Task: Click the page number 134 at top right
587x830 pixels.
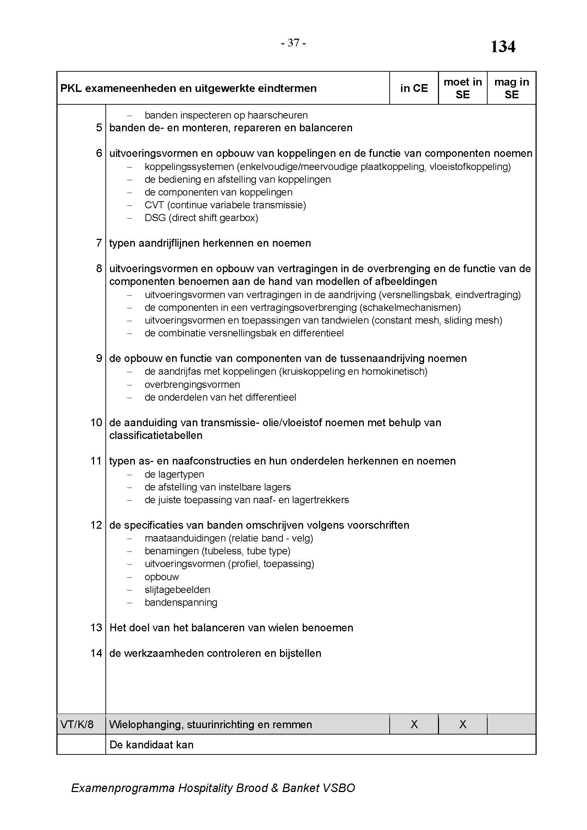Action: pyautogui.click(x=503, y=46)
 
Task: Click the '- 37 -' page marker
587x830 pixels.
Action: pyautogui.click(x=293, y=43)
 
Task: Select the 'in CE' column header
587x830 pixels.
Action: pyautogui.click(x=413, y=88)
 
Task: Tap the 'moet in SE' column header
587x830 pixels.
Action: pyautogui.click(x=462, y=88)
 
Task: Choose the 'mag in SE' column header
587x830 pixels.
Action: pyautogui.click(x=511, y=88)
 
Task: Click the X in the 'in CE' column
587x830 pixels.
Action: pyautogui.click(x=414, y=725)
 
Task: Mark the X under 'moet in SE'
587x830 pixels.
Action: pyautogui.click(x=462, y=725)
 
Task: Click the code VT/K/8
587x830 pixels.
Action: pyautogui.click(x=77, y=725)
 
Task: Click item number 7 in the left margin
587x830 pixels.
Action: pyautogui.click(x=99, y=243)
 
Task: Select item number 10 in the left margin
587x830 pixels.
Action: pyautogui.click(x=96, y=422)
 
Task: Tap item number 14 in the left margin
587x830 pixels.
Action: pyautogui.click(x=96, y=653)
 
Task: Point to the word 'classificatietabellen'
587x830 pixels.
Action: pyautogui.click(x=155, y=435)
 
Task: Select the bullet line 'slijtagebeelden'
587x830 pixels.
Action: pyautogui.click(x=177, y=590)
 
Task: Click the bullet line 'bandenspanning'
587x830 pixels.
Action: pyautogui.click(x=181, y=602)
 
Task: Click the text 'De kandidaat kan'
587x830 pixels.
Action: pyautogui.click(x=151, y=745)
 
